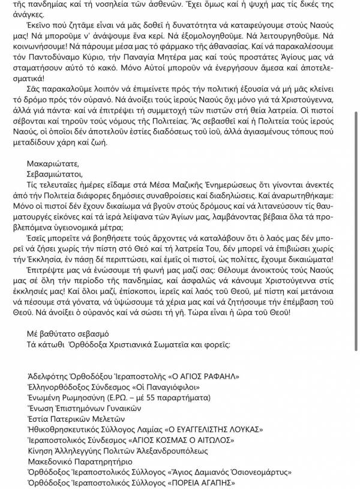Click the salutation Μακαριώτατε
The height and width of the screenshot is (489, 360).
(x=53, y=163)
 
